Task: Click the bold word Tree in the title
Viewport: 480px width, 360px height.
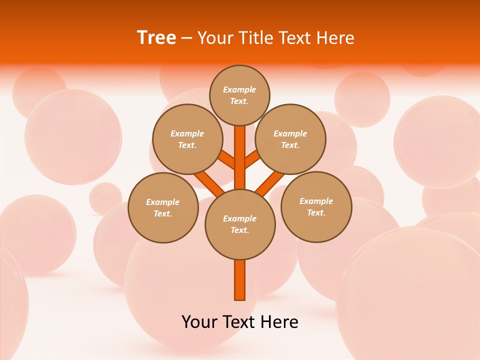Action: [x=156, y=37]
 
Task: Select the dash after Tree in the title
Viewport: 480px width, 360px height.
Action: [x=186, y=38]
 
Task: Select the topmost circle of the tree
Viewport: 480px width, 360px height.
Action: [x=239, y=95]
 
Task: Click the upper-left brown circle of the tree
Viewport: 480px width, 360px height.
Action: [x=187, y=139]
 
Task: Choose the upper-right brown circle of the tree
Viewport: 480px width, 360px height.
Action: [x=290, y=139]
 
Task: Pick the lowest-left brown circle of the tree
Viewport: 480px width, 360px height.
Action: [x=163, y=207]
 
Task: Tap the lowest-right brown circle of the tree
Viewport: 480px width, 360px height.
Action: [x=316, y=206]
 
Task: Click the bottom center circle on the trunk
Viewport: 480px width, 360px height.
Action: [x=240, y=224]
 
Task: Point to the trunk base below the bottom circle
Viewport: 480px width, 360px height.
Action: [x=240, y=280]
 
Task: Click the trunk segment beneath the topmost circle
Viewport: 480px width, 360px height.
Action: [x=240, y=150]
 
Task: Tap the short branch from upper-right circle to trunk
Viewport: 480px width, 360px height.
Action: [x=252, y=159]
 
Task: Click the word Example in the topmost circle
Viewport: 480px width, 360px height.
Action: [x=239, y=89]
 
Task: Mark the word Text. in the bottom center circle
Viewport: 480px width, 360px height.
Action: [x=239, y=230]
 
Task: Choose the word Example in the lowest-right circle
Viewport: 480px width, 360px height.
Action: [x=316, y=201]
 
